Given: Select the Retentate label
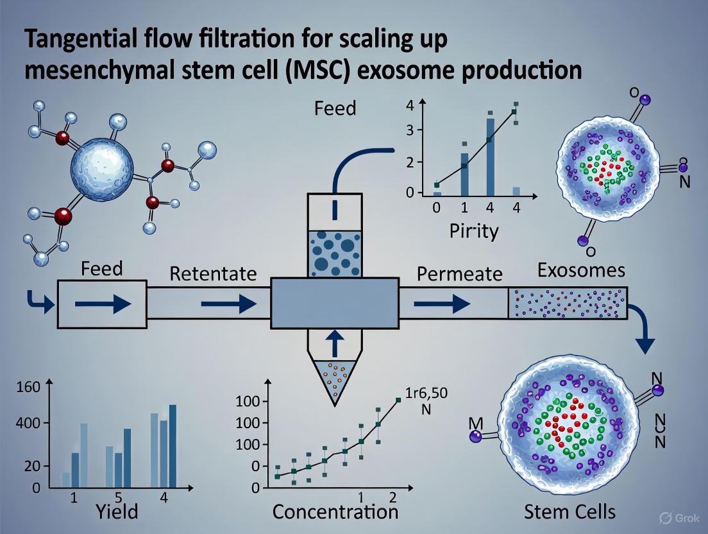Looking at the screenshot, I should (x=213, y=274).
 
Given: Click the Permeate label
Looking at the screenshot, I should (x=460, y=274).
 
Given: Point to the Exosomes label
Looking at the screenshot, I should (x=581, y=270).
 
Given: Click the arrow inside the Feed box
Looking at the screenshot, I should (x=103, y=304).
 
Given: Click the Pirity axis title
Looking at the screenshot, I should (x=474, y=231).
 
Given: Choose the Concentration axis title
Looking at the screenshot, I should (x=335, y=512).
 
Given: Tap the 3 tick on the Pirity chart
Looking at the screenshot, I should (x=419, y=131).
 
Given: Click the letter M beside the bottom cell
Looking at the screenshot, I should (x=475, y=424).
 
